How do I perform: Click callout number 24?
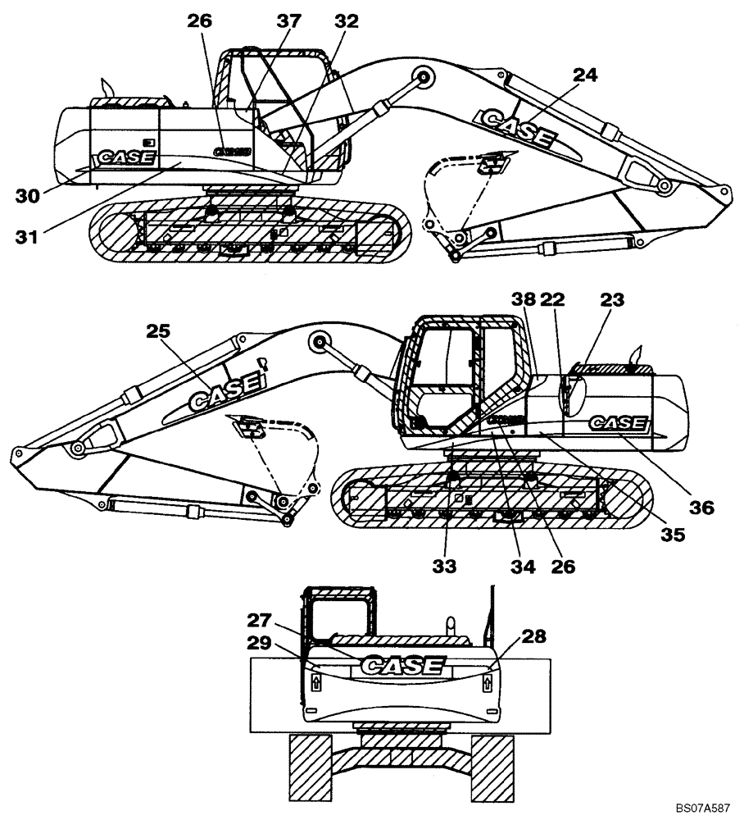tap(584, 75)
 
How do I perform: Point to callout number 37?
tap(288, 22)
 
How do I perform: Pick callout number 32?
tap(345, 22)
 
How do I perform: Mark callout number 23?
tap(610, 301)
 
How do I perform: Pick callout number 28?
tap(532, 635)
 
